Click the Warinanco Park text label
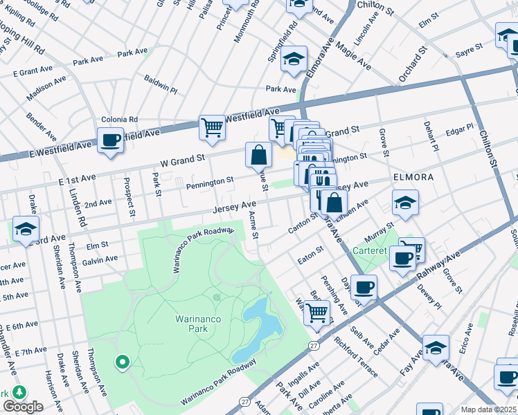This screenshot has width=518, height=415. click(188, 324)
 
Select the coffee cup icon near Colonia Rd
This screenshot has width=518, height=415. click(110, 140)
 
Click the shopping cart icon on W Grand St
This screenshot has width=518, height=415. click(212, 127)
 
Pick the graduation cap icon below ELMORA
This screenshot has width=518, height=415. click(405, 203)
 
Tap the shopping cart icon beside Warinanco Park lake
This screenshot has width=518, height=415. click(317, 312)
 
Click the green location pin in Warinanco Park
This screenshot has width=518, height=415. click(123, 361)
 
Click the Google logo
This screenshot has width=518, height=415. click(23, 407)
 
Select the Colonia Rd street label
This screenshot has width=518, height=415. click(120, 119)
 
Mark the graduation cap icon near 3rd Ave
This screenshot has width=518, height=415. click(26, 228)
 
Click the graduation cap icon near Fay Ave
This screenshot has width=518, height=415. click(436, 347)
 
